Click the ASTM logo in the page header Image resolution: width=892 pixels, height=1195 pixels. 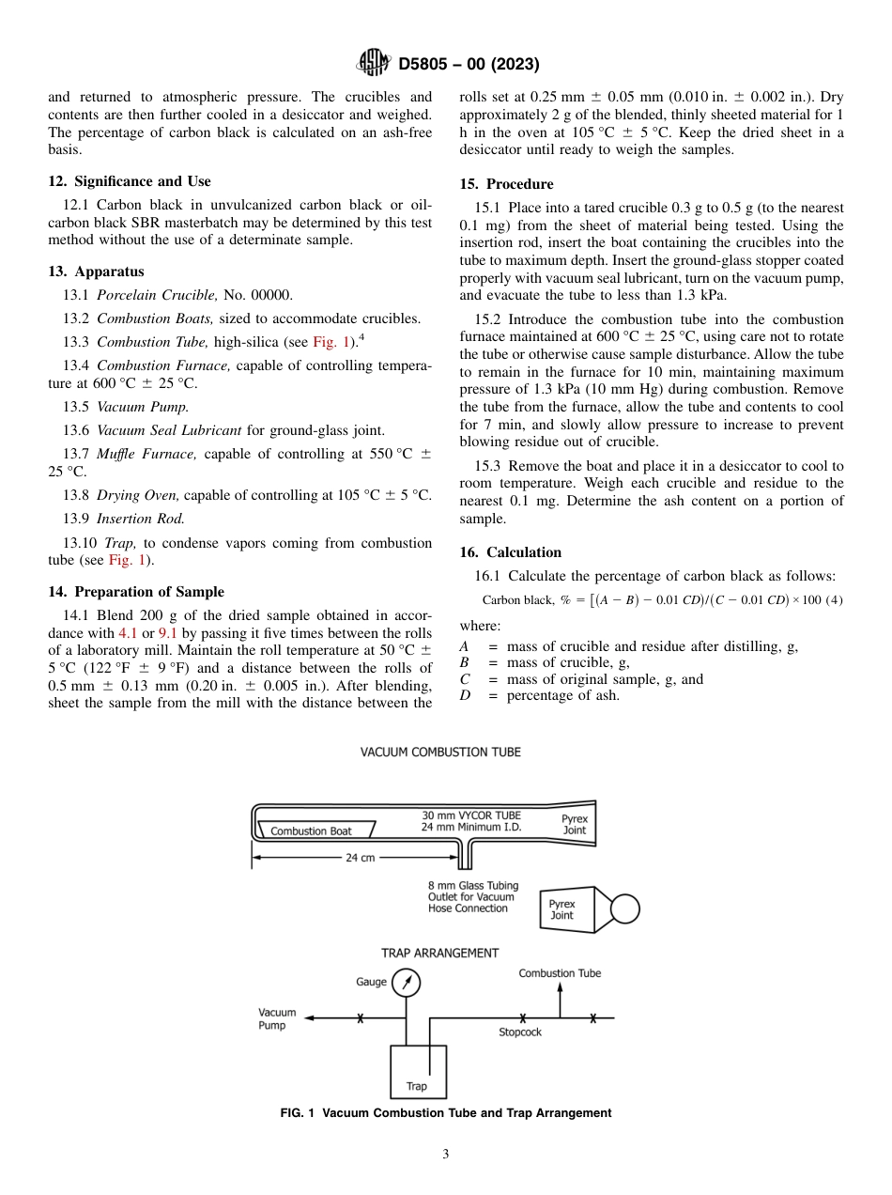[374, 64]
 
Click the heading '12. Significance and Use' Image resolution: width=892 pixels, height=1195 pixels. [129, 181]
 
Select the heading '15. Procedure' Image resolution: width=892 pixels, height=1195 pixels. [506, 184]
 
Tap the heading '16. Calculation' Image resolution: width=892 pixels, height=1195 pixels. [510, 552]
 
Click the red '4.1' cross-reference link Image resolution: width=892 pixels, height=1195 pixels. [128, 633]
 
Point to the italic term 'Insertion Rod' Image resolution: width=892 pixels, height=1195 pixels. [141, 518]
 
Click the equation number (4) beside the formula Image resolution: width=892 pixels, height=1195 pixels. [833, 600]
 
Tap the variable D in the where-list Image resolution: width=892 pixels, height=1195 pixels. [464, 696]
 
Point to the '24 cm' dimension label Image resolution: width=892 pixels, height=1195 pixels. [360, 858]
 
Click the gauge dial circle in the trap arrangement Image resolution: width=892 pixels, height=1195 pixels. [407, 983]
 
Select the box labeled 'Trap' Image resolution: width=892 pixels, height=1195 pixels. [417, 1071]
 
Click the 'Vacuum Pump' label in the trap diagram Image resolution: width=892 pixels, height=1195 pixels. [277, 1018]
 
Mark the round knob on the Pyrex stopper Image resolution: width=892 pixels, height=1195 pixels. [624, 908]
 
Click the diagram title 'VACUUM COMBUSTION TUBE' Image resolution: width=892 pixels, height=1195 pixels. [440, 753]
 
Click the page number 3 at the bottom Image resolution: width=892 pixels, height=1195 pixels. [446, 1155]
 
